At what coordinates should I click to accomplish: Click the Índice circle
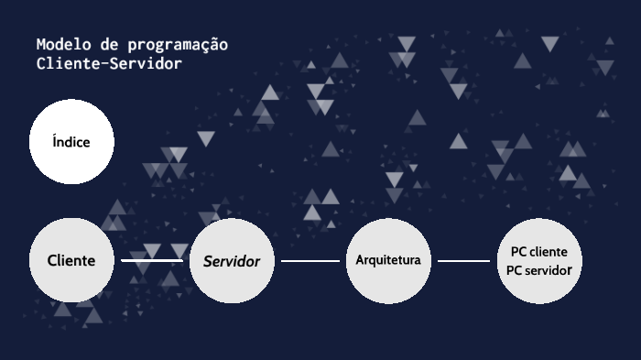pos(71,142)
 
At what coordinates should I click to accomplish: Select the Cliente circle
pos(71,260)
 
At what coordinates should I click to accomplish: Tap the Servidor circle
pos(232,261)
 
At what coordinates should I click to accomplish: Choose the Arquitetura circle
pos(388,260)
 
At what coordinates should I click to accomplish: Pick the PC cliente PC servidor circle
pos(539,261)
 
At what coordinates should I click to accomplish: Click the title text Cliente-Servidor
pos(109,64)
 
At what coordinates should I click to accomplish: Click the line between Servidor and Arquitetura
pos(310,261)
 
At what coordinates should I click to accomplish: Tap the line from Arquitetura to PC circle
pos(463,261)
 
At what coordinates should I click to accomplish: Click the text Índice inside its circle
pos(71,142)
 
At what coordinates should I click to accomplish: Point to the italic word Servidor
pos(232,261)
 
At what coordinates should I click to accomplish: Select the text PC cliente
pos(539,251)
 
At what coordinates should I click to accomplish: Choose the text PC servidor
pos(539,271)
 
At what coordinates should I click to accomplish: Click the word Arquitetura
pos(388,260)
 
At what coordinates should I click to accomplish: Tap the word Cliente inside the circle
pos(71,260)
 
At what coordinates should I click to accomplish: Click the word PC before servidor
pos(514,271)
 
